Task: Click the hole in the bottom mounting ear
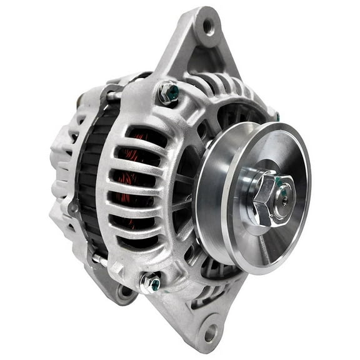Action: pos(211,332)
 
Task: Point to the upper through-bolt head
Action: pos(168,93)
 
